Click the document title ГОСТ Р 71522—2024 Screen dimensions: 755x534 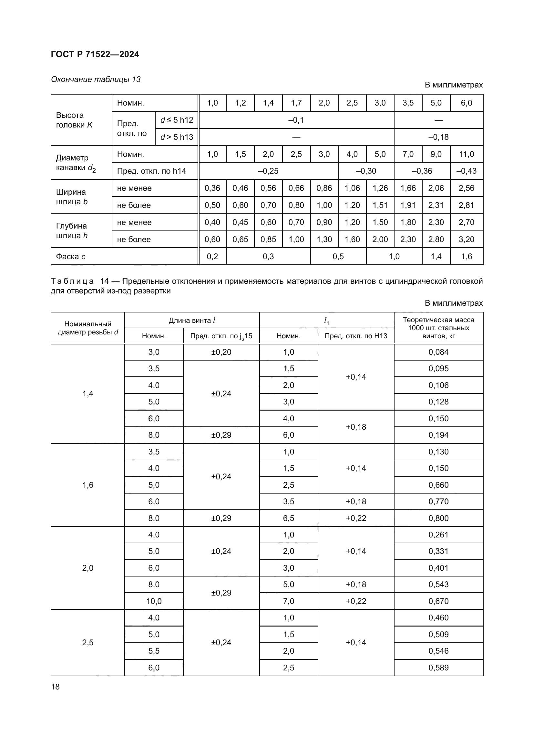pyautogui.click(x=95, y=54)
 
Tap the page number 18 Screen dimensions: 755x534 pyautogui.click(x=55, y=687)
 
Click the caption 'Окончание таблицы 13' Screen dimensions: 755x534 pyautogui.click(x=96, y=79)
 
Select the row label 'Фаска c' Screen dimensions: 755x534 pyautogui.click(x=71, y=257)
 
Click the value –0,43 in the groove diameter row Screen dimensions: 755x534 pyautogui.click(x=466, y=171)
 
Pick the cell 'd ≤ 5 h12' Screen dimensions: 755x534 pyautogui.click(x=177, y=120)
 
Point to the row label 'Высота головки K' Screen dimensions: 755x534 pyautogui.click(x=74, y=120)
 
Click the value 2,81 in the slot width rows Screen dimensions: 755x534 pyautogui.click(x=466, y=205)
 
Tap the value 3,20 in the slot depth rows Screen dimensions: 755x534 pyautogui.click(x=466, y=240)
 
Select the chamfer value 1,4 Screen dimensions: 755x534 pyautogui.click(x=436, y=257)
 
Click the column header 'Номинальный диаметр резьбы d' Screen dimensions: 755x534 pyautogui.click(x=88, y=328)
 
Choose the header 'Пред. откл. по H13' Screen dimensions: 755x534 pyautogui.click(x=356, y=336)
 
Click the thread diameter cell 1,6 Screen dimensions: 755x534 pyautogui.click(x=88, y=485)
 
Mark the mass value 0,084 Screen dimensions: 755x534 pyautogui.click(x=438, y=352)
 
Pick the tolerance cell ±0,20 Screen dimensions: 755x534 pyautogui.click(x=221, y=352)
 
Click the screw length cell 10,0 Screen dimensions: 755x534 pyautogui.click(x=154, y=601)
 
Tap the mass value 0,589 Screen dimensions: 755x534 pyautogui.click(x=438, y=668)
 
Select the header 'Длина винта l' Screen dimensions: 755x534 pyautogui.click(x=192, y=320)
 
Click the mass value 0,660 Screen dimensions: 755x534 pyautogui.click(x=438, y=485)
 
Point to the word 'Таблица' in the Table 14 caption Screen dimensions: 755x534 pyautogui.click(x=72, y=281)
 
